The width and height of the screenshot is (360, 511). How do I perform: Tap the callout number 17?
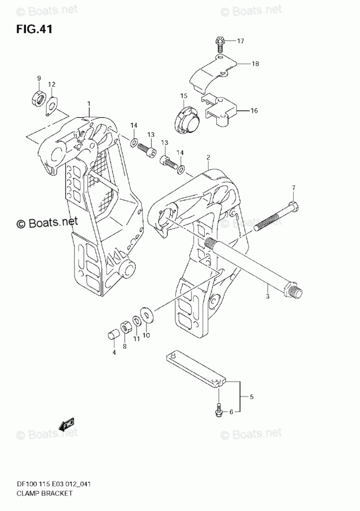[241, 41]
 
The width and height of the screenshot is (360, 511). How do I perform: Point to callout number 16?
[254, 110]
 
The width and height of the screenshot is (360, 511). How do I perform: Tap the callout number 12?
[52, 84]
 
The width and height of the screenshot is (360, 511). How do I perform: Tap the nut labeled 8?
[125, 327]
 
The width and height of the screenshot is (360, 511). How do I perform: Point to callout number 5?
[252, 397]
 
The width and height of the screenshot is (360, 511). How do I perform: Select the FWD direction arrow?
[67, 425]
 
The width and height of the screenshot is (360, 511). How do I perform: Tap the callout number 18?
[256, 64]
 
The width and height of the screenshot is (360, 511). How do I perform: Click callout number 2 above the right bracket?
[207, 157]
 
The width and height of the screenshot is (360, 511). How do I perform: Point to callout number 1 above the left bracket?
[88, 103]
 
